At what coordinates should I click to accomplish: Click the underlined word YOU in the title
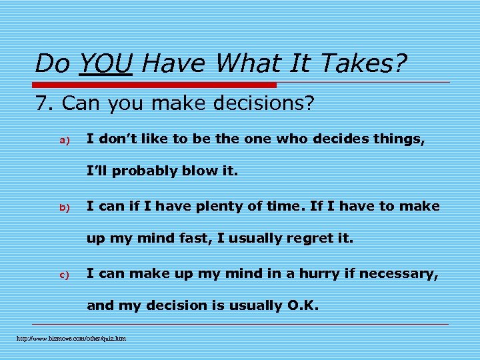pyautogui.click(x=105, y=63)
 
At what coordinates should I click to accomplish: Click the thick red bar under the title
pyautogui.click(x=155, y=85)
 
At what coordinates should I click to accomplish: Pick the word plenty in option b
pyautogui.click(x=223, y=206)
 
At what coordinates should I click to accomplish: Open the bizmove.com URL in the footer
pyautogui.click(x=71, y=339)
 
